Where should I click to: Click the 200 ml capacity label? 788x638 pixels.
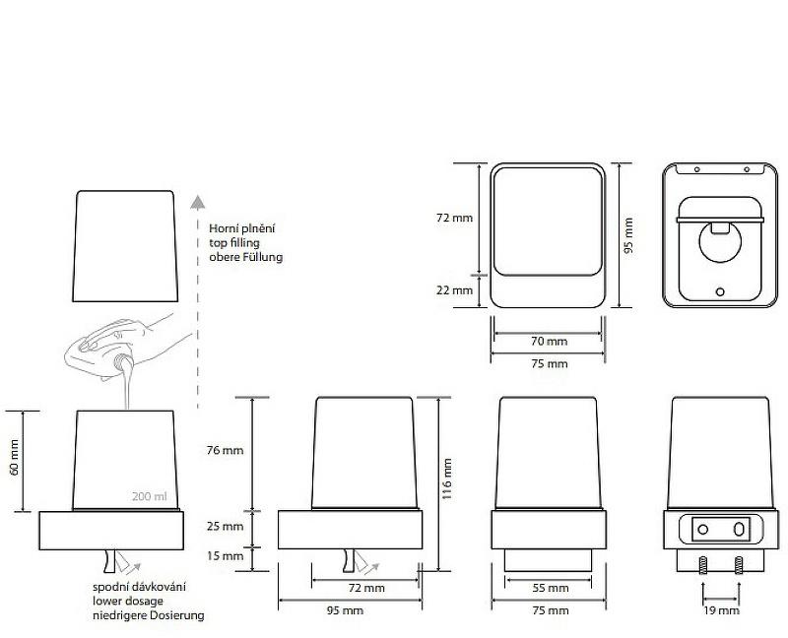click(150, 496)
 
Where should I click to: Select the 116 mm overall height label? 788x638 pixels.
click(447, 478)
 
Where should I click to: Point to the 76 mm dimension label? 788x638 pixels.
click(225, 450)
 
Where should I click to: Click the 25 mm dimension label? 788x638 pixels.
click(225, 526)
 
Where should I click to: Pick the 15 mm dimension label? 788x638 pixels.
click(225, 555)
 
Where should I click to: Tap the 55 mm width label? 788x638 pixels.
click(551, 588)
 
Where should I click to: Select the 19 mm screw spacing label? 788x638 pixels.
click(721, 610)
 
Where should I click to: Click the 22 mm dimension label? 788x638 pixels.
click(455, 289)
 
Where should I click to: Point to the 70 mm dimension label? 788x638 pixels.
click(549, 341)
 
